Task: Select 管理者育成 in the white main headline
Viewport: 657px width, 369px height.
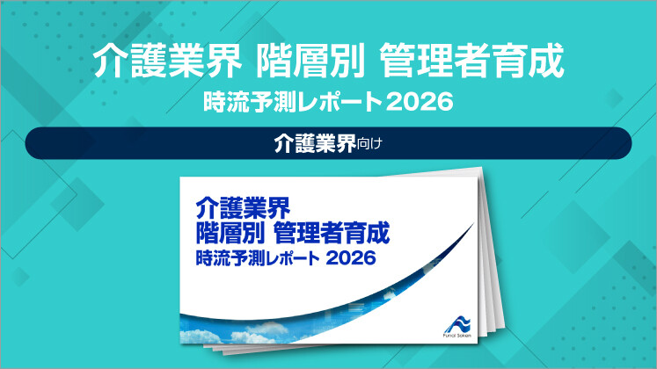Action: [x=469, y=61]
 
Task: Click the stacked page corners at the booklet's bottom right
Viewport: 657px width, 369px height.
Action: [x=493, y=338]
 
